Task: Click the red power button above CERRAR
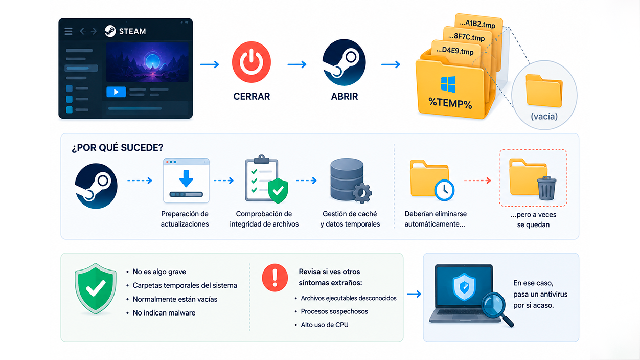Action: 251,62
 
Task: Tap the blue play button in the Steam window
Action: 116,92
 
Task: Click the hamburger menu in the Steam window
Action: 68,31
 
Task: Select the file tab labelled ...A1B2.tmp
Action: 477,24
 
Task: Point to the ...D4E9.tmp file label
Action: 455,51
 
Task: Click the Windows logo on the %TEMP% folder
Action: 448,84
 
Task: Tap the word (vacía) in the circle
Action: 544,116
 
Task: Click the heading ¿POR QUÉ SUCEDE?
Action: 118,148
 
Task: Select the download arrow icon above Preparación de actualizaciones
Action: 186,178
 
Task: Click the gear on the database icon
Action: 362,193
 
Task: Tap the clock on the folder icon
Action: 444,190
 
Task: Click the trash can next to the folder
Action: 546,188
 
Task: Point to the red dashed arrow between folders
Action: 477,181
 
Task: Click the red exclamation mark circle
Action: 275,278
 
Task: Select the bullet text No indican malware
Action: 164,313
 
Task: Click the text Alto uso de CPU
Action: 325,325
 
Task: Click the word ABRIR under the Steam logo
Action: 345,96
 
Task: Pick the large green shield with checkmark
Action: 96,288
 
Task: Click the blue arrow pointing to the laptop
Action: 414,294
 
